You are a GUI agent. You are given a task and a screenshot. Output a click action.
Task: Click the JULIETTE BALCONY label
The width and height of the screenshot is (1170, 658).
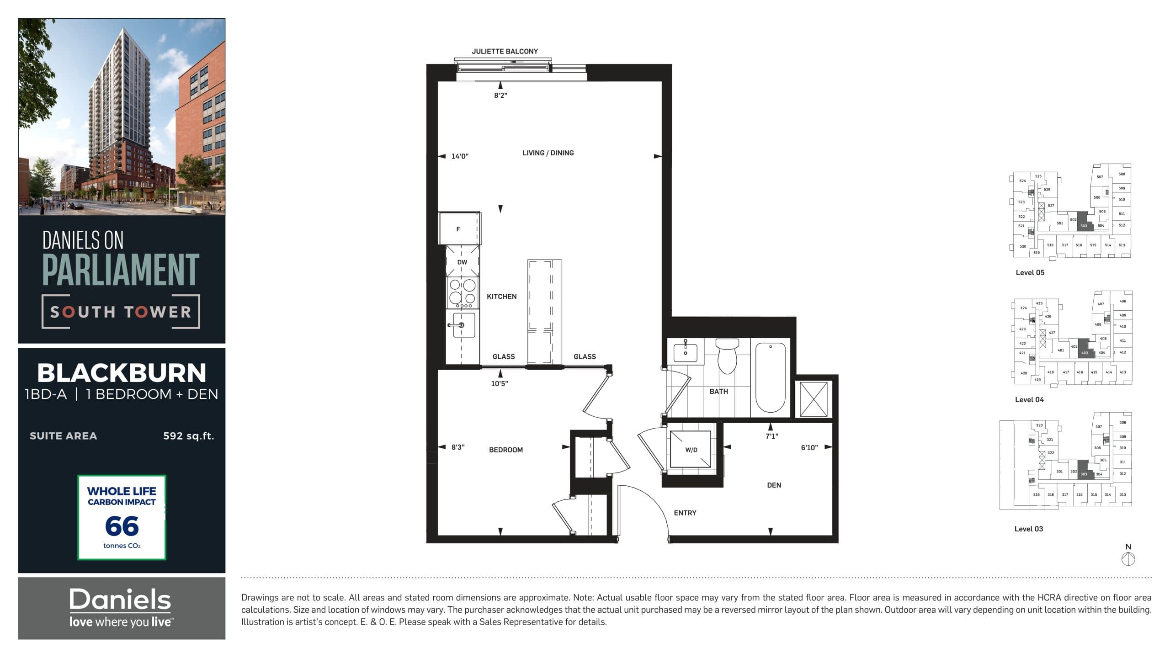pyautogui.click(x=505, y=51)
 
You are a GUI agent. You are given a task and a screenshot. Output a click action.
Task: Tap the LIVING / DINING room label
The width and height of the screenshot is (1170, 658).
pyautogui.click(x=548, y=153)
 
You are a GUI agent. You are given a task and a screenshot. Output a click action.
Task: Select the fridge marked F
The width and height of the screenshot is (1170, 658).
pyautogui.click(x=458, y=228)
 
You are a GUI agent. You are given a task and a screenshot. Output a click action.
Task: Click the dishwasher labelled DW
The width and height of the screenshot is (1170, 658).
pyautogui.click(x=462, y=262)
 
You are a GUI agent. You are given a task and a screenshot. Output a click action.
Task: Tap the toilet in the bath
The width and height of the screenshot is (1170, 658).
pyautogui.click(x=727, y=356)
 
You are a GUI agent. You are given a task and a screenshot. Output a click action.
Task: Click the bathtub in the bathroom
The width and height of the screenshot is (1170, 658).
pyautogui.click(x=770, y=377)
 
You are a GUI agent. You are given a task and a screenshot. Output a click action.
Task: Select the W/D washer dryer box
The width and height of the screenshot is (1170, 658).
pyautogui.click(x=691, y=450)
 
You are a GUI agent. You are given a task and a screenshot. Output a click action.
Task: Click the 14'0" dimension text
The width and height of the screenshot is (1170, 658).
pyautogui.click(x=460, y=156)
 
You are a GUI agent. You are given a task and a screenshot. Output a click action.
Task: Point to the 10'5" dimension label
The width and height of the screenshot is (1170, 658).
pyautogui.click(x=499, y=383)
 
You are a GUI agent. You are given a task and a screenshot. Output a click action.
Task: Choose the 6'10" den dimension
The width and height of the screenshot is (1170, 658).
pyautogui.click(x=809, y=447)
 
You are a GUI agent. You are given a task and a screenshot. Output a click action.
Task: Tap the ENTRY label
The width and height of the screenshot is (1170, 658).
pyautogui.click(x=685, y=513)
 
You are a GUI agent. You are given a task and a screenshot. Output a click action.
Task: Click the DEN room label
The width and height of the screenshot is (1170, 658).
pyautogui.click(x=774, y=485)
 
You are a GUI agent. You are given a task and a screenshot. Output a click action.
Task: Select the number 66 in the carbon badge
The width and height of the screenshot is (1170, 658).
pyautogui.click(x=122, y=526)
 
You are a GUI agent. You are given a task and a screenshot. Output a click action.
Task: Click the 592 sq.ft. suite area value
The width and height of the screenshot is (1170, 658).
pyautogui.click(x=188, y=435)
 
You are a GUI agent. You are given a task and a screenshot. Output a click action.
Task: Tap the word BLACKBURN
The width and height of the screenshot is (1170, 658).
pyautogui.click(x=122, y=373)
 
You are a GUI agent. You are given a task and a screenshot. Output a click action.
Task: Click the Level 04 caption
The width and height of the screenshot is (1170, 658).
pyautogui.click(x=1029, y=399)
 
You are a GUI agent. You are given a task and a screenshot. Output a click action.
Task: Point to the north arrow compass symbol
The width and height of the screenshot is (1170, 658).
pyautogui.click(x=1128, y=558)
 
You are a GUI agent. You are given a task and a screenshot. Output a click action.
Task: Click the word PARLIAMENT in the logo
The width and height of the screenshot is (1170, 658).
pyautogui.click(x=121, y=270)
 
